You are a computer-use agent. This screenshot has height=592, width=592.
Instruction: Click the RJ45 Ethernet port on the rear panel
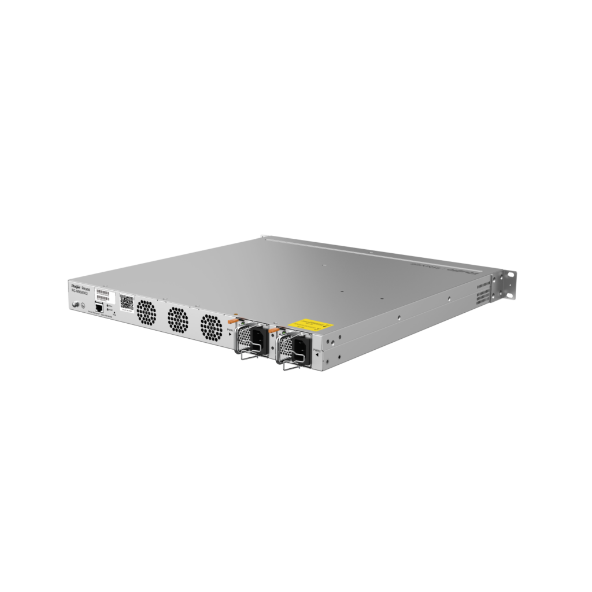coord(99,308)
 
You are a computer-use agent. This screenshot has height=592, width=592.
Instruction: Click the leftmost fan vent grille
coord(146,313)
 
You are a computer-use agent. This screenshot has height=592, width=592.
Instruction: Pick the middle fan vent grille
coord(177,320)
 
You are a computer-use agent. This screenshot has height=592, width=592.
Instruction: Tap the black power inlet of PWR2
coord(300,349)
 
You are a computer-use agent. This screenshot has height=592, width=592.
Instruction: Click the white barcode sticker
coord(102,293)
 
